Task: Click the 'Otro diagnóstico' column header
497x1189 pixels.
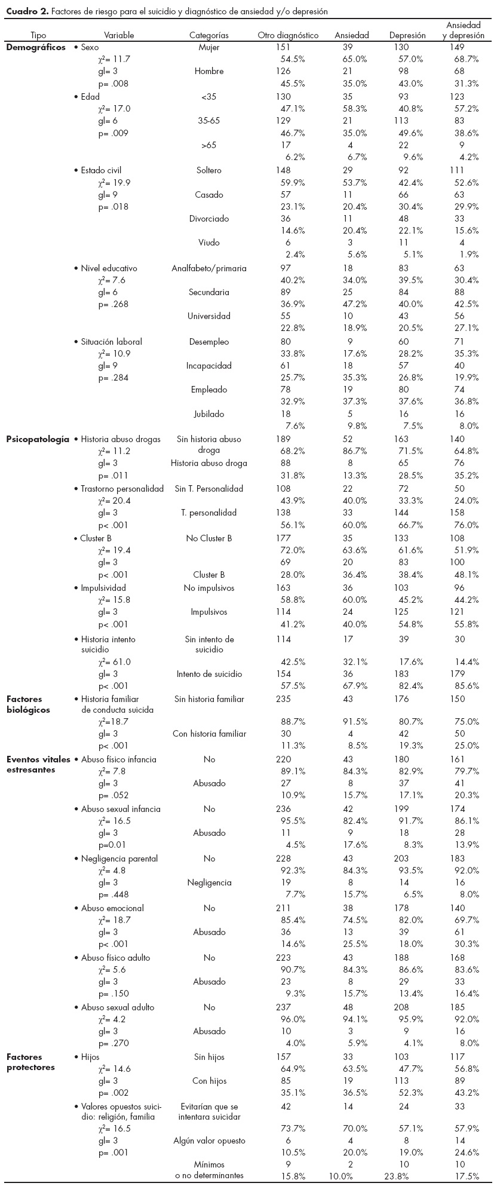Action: [x=288, y=35]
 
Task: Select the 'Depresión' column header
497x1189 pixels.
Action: [x=407, y=35]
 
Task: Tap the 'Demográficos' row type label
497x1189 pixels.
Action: [x=36, y=47]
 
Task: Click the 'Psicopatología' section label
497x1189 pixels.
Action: [x=38, y=439]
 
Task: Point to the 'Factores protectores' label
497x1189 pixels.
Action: [x=30, y=1062]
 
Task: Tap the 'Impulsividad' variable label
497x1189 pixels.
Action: [x=103, y=588]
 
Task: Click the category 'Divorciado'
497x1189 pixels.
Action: [x=209, y=219]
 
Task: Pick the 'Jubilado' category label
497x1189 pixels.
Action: [x=209, y=413]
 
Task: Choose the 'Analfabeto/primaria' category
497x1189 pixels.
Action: [x=209, y=268]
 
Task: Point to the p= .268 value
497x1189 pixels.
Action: [x=113, y=304]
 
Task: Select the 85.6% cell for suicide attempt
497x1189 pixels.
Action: [x=466, y=686]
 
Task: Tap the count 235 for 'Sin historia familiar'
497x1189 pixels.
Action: [x=285, y=699]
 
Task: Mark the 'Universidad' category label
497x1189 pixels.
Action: [x=209, y=316]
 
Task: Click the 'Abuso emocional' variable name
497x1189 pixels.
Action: [x=112, y=908]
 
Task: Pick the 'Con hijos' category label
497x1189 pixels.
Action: [x=209, y=1081]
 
